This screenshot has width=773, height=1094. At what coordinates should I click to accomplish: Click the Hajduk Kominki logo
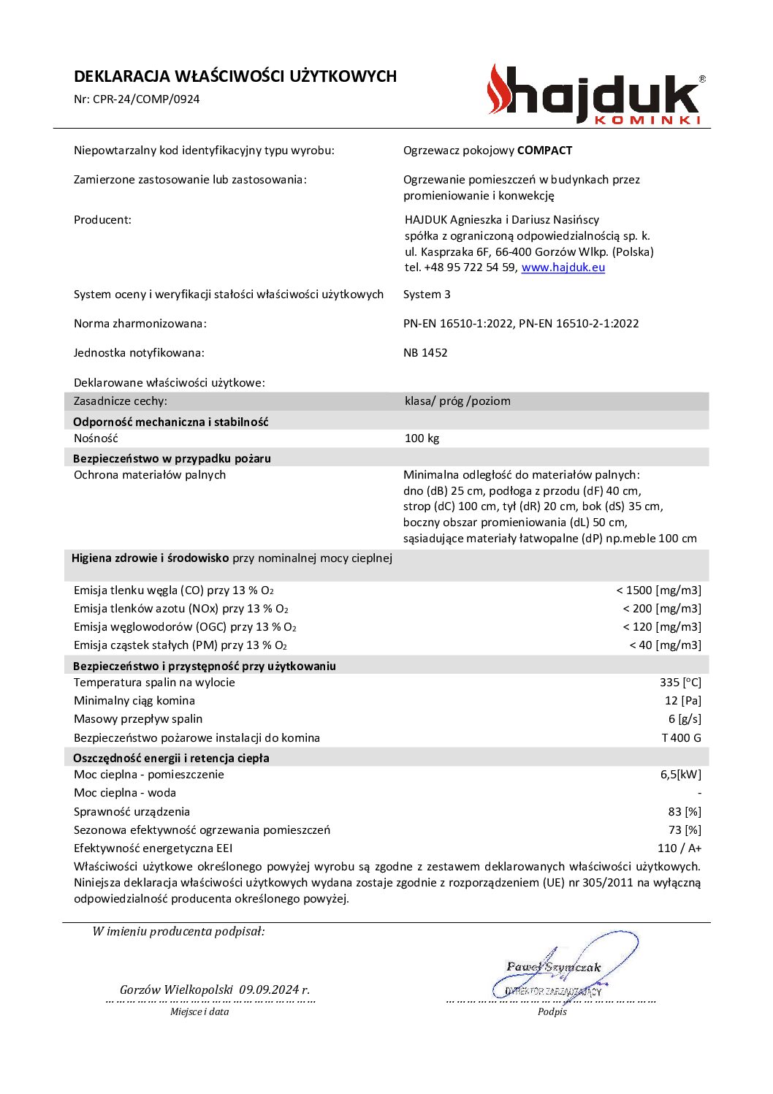(x=596, y=95)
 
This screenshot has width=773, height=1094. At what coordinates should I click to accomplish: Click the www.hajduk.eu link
(x=563, y=267)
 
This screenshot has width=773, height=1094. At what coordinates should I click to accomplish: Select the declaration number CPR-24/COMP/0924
(x=146, y=99)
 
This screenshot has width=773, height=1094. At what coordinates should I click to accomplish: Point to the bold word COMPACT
(x=544, y=151)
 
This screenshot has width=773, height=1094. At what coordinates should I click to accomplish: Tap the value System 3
(x=427, y=295)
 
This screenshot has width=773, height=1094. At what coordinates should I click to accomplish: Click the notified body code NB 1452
(x=425, y=353)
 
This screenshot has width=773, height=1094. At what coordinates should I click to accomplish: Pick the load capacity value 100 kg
(x=422, y=438)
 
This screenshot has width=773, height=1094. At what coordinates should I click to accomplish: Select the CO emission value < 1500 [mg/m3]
(x=658, y=590)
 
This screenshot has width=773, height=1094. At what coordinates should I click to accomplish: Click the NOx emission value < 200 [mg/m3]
(x=661, y=609)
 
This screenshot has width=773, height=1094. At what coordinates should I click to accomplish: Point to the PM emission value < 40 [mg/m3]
(x=665, y=645)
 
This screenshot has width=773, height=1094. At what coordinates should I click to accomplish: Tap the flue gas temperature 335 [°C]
(x=679, y=683)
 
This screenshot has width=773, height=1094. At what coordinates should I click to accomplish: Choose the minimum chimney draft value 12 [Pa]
(x=682, y=701)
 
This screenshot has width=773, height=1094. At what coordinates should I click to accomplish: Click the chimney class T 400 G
(x=681, y=738)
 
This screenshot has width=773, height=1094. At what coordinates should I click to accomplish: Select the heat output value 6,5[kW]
(x=680, y=775)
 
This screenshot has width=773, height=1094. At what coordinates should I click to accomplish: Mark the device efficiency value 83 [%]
(x=684, y=812)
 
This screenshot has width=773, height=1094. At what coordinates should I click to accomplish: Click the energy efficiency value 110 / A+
(x=679, y=848)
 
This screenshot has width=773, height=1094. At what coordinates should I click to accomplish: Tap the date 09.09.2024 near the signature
(x=268, y=990)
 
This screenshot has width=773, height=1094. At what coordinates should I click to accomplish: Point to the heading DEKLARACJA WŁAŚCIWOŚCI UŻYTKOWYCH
(x=235, y=77)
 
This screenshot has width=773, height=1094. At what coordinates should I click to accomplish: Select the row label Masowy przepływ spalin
(x=138, y=719)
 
